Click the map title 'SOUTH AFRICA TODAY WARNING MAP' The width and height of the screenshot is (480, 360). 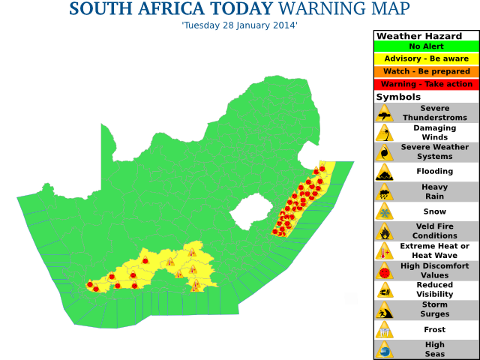point(239,10)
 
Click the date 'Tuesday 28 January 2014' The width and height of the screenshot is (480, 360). point(239,25)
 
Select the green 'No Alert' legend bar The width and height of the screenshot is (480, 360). point(426,46)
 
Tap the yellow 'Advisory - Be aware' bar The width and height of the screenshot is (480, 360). point(426,58)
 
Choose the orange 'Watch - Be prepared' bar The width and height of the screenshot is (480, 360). point(426,71)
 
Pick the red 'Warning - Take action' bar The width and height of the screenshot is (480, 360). point(426,84)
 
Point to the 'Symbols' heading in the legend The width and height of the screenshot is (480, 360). point(398,97)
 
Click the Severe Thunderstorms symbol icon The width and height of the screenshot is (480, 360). point(385,113)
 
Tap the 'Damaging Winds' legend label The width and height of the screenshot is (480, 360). point(434,133)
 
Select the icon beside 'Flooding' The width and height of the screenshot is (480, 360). point(385,172)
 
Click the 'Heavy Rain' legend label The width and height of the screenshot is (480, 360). point(434,191)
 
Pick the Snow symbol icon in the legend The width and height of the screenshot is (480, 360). point(385,211)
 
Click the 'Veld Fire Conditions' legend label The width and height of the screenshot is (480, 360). point(434,231)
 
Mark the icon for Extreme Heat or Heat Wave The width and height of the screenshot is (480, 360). point(385,250)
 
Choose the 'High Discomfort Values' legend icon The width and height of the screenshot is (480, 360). point(385,270)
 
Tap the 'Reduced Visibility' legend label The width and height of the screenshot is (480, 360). point(434,289)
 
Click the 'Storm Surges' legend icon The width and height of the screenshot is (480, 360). point(385,310)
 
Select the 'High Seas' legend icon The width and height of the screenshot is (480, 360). point(385,349)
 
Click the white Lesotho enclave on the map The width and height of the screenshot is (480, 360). point(250,213)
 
